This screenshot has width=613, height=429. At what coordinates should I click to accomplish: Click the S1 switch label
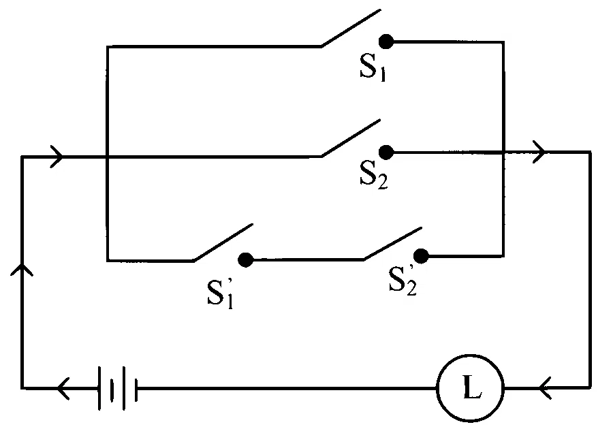(x=373, y=67)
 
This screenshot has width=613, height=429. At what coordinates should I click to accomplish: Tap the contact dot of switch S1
(x=386, y=41)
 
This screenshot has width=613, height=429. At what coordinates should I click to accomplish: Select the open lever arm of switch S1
(x=351, y=28)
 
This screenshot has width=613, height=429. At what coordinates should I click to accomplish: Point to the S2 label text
(x=374, y=174)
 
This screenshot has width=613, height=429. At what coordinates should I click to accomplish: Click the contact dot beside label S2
(x=386, y=152)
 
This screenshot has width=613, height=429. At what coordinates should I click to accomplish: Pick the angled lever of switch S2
(x=351, y=138)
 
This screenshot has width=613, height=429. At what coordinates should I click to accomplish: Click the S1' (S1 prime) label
(x=221, y=293)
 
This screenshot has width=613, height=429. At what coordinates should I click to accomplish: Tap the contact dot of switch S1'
(x=245, y=260)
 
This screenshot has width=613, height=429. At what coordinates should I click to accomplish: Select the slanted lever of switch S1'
(x=223, y=242)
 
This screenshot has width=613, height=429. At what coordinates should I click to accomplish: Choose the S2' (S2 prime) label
(x=403, y=281)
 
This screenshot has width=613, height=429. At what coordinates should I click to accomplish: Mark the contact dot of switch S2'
(x=421, y=256)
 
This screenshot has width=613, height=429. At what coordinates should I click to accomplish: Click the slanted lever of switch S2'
(x=393, y=243)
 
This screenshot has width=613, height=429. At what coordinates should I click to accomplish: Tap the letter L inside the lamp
(x=472, y=387)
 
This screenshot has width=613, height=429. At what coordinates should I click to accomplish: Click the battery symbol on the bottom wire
(x=118, y=388)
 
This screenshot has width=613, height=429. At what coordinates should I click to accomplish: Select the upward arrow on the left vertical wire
(x=22, y=269)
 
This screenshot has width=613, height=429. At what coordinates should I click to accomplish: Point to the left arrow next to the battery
(x=63, y=388)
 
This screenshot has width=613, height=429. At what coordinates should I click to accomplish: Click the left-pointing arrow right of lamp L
(x=545, y=388)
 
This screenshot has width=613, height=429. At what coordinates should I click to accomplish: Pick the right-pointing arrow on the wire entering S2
(x=57, y=157)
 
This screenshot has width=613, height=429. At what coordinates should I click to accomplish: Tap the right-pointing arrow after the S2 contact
(x=539, y=152)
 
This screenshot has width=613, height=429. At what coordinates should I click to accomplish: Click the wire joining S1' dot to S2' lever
(x=309, y=259)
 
